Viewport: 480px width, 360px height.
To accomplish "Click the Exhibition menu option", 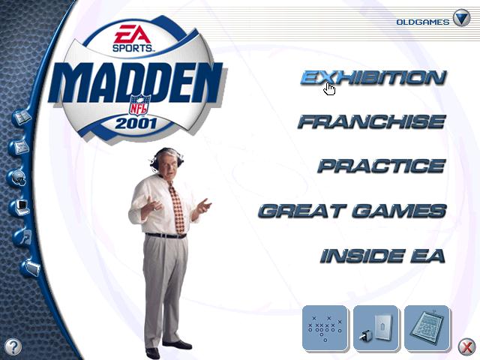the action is pos(373,77).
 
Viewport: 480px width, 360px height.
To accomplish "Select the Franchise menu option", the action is pos(372,121).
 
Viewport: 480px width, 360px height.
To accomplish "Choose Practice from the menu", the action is pos(382,166).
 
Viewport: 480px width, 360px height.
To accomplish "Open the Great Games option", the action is pos(352,211).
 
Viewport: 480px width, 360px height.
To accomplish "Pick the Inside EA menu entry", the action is pos(382,256).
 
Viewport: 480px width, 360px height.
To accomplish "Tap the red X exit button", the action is pos(466,346).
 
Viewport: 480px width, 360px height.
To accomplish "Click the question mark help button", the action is pos(13,346).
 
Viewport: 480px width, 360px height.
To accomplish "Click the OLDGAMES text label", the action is pos(423,22).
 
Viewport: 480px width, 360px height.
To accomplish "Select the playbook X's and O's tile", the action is pos(325,328).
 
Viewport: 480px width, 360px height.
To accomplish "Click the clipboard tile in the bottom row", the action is pos(427,328).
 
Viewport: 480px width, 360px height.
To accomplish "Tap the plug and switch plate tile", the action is pos(376,328).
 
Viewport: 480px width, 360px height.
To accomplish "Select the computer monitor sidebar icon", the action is pos(22,208).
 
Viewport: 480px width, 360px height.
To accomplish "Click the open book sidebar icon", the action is pos(22,118).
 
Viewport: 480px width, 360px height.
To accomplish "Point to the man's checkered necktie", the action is pos(177,208).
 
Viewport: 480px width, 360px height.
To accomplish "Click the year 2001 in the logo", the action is pos(136,123).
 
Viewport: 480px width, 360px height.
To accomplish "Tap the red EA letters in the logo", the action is pos(132,34).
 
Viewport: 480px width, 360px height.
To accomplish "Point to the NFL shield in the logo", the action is pos(139,105).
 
